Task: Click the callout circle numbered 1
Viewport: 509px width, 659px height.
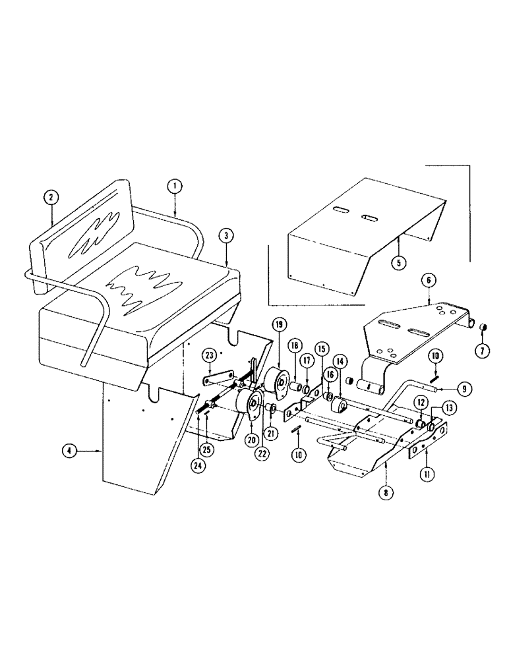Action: (x=175, y=187)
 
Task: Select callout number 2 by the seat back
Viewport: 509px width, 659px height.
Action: (x=51, y=196)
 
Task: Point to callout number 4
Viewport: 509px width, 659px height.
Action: (x=69, y=451)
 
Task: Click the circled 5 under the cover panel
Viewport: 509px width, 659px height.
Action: (x=398, y=262)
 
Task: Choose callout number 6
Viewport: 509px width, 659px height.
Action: (x=429, y=280)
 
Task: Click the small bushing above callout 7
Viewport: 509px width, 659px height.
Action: (x=482, y=328)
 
